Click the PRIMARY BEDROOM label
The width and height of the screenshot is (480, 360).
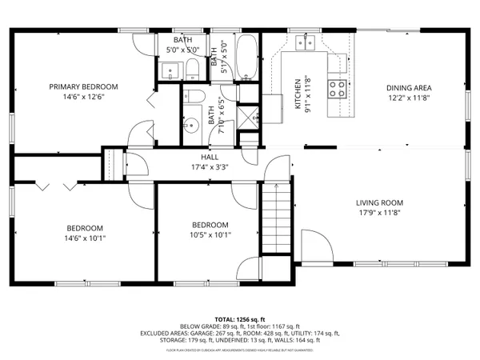tap(83, 86)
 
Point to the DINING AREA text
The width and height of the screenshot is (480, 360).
tap(409, 88)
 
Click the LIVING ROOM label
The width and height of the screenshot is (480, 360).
tap(379, 202)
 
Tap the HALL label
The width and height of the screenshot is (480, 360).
tap(210, 157)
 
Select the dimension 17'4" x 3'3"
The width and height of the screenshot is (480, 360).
tap(210, 167)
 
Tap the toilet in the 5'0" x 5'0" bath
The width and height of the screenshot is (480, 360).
tap(195, 71)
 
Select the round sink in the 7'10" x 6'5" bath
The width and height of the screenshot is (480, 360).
tap(190, 126)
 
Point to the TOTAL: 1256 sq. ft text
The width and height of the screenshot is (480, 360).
tap(239, 318)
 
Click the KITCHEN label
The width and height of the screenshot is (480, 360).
tap(298, 93)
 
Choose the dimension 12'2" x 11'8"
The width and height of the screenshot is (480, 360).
tap(409, 98)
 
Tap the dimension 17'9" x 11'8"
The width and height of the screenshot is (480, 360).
tap(379, 213)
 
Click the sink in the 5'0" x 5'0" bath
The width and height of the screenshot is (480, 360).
tap(170, 73)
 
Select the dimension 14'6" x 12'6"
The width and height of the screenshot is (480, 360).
tap(83, 97)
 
